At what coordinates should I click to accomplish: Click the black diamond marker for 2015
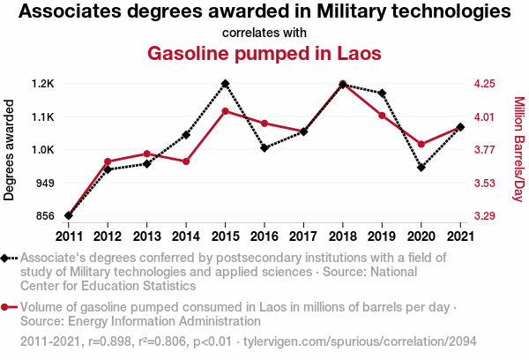point(226,84)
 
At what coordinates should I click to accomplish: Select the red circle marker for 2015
point(226,111)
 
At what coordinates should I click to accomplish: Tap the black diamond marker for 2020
point(421,167)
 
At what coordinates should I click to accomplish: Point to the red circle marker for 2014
point(186,161)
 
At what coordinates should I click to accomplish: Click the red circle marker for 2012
point(108,161)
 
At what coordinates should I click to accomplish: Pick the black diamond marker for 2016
point(264,147)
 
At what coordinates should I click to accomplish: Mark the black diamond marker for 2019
point(382,93)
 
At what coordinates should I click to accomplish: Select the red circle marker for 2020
point(421,144)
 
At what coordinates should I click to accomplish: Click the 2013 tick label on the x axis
point(146,236)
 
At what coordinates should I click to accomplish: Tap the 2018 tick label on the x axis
point(342,236)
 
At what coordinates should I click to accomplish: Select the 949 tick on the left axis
point(46,183)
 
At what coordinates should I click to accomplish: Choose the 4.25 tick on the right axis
point(483,84)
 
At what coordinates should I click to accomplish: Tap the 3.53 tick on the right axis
point(483,183)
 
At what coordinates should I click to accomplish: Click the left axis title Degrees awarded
point(10,150)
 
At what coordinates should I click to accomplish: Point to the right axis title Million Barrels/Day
point(518,149)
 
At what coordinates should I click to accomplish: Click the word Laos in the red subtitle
point(359,53)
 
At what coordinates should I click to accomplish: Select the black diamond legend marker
point(5,258)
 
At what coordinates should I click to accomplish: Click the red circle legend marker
point(5,307)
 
